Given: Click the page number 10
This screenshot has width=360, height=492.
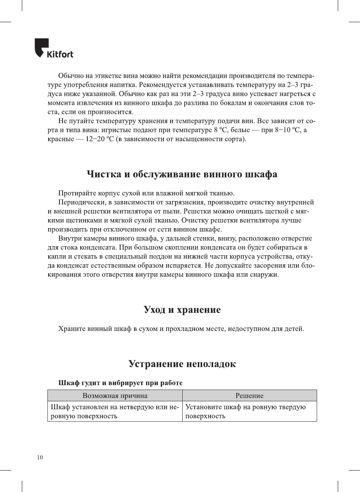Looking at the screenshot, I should (40, 457).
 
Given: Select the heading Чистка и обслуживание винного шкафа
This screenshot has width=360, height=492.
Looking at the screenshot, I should (182, 174).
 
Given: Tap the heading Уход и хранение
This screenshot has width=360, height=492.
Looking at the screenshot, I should (182, 310).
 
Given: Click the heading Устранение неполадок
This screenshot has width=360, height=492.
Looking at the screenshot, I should (182, 364).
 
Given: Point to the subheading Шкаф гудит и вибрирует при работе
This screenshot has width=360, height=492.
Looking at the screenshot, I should (120, 383).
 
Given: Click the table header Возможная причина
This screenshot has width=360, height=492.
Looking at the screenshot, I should (115, 396).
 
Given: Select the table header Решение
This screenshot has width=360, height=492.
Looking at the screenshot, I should (249, 396).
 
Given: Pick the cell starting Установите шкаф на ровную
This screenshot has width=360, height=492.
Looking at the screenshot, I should (249, 411).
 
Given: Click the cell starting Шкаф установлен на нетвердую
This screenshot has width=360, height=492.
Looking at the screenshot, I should (115, 411).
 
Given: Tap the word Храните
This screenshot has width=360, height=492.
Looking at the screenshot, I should (72, 329).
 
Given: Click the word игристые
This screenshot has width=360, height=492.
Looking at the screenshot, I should (115, 130).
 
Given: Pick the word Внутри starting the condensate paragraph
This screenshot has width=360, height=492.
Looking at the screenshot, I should (70, 238).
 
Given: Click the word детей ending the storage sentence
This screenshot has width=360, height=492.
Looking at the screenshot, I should (293, 329).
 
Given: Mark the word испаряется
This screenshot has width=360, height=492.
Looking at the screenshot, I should (183, 265).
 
